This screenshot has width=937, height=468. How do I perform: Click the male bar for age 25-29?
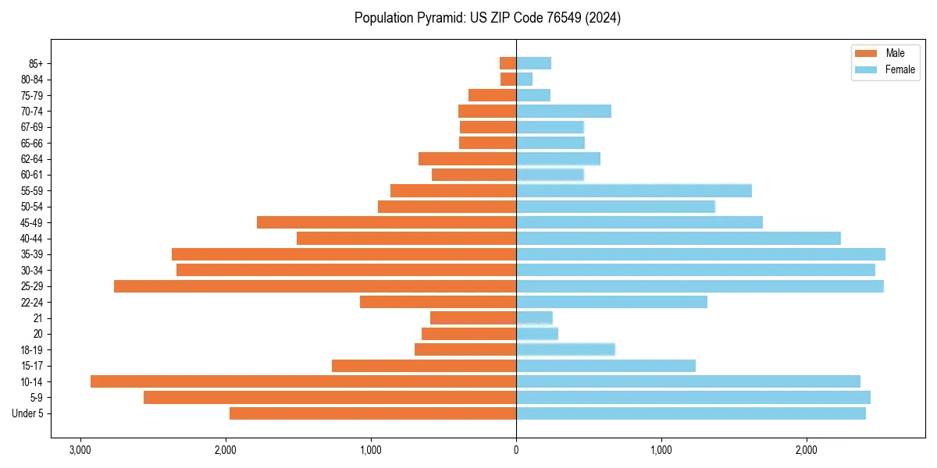coord(315,286)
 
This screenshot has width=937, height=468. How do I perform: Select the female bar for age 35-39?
coord(700,254)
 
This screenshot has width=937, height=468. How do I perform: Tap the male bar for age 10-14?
coord(303,381)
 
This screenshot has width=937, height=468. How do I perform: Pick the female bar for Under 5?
coord(690,413)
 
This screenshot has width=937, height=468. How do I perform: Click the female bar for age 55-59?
coord(633,190)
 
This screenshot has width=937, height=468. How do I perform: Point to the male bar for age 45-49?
coord(387,222)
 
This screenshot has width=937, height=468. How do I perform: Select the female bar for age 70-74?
coord(563,111)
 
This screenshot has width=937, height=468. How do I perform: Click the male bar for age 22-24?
coord(438,302)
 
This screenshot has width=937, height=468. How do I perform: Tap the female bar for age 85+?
coord(533,63)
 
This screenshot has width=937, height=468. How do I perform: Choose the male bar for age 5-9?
coord(330,398)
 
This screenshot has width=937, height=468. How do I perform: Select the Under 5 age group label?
coord(28,413)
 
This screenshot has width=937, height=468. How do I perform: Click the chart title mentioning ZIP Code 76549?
coord(487,18)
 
